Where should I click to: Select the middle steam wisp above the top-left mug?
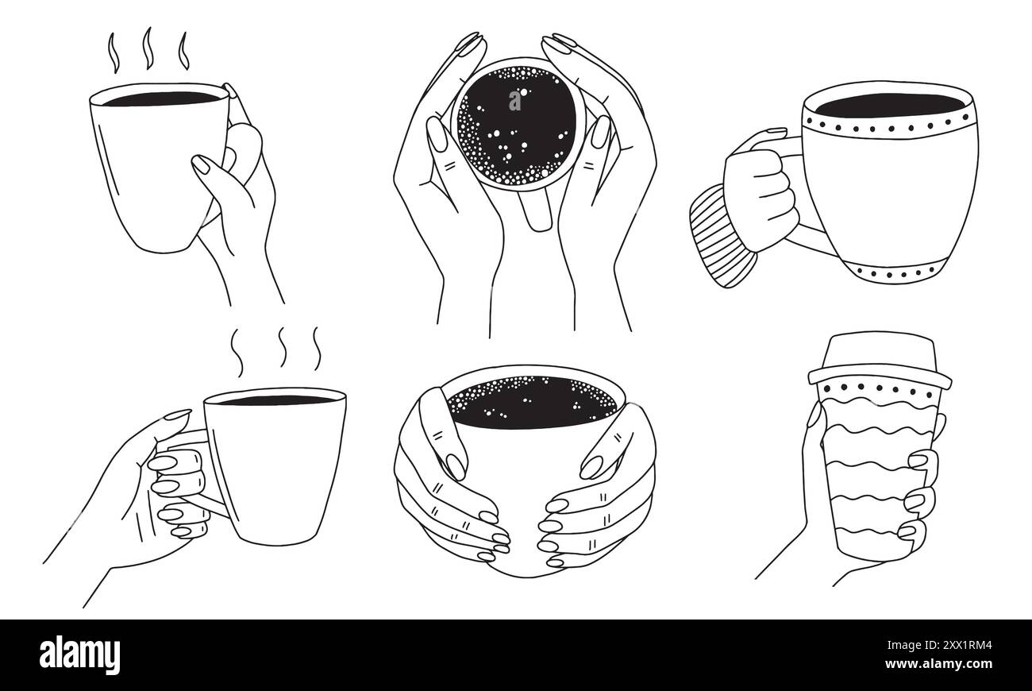147,48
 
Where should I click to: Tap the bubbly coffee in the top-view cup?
516,123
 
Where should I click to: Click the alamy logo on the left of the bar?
79,654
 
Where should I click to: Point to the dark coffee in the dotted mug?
889,105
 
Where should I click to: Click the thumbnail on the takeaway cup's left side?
814,414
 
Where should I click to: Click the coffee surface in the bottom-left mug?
274,400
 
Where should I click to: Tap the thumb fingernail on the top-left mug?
201,164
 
